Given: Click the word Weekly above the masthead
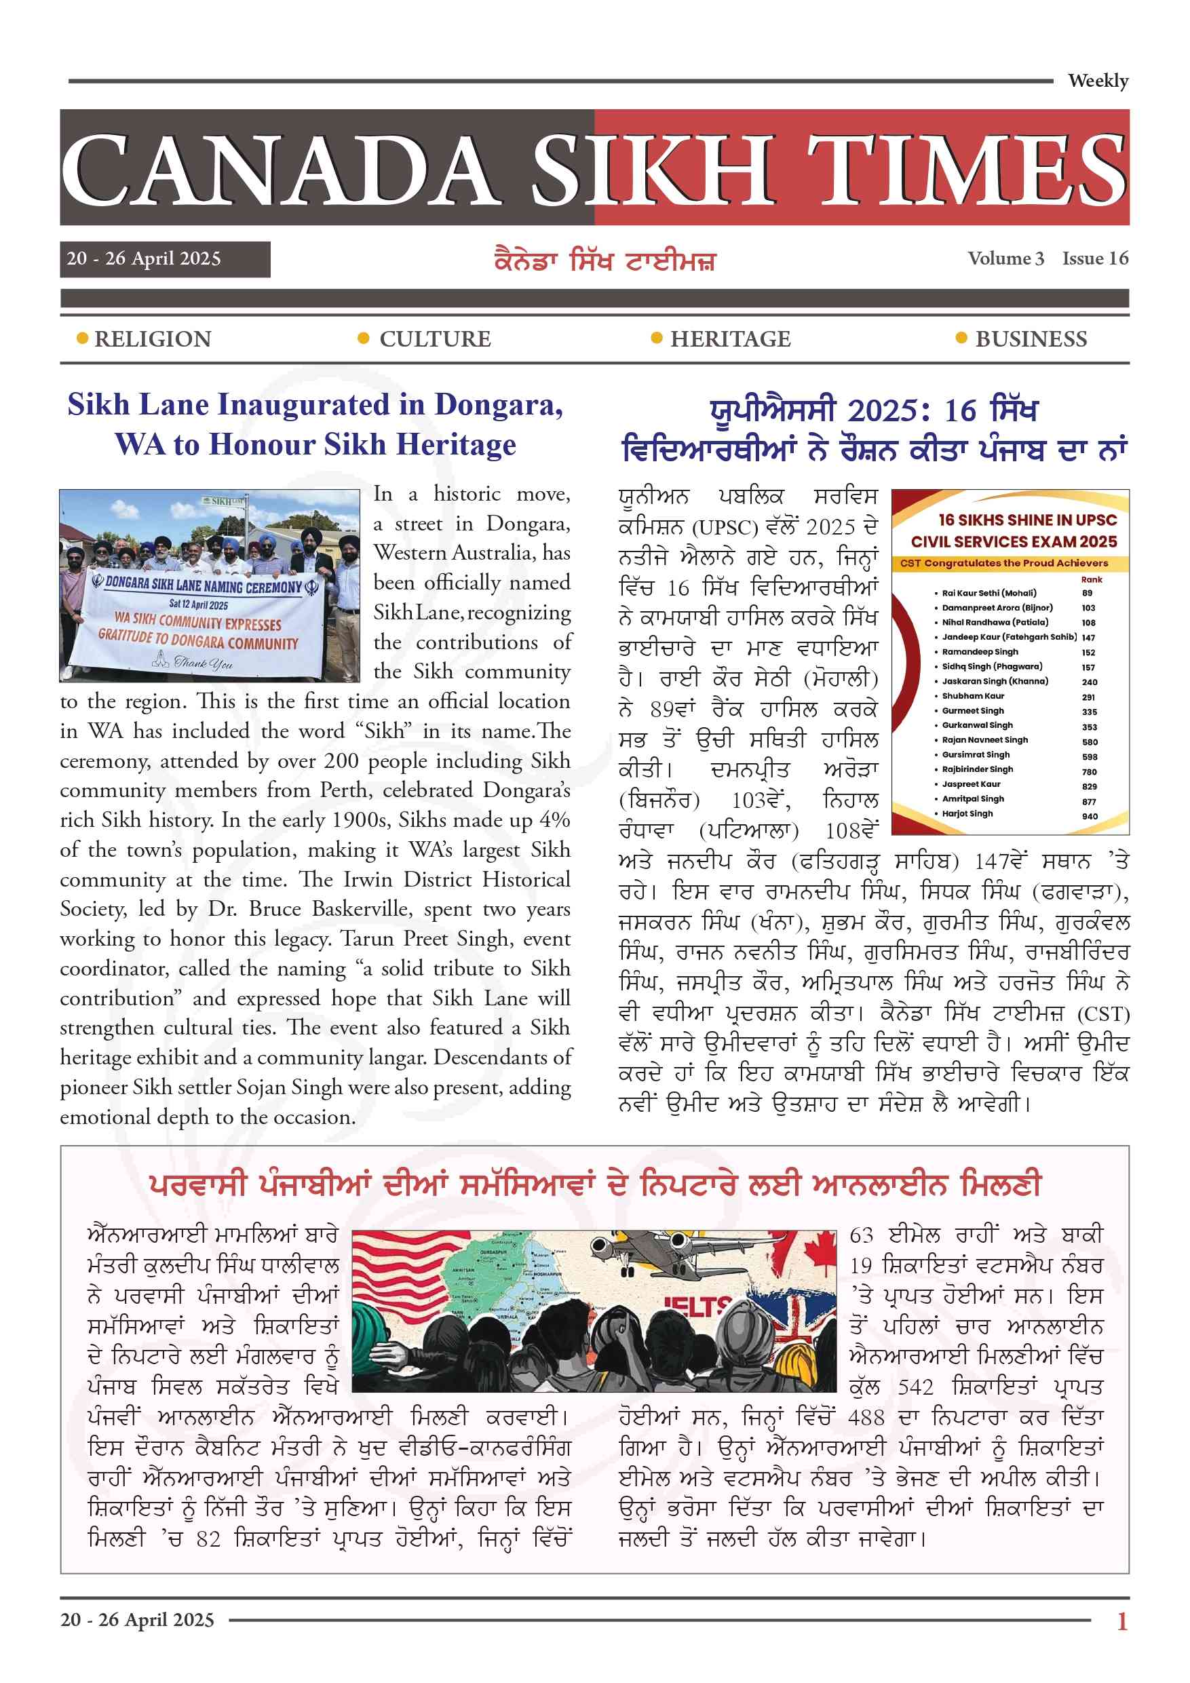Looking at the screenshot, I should click(1098, 81).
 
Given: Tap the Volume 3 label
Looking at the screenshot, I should click(1005, 258).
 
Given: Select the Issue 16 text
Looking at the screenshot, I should click(1096, 258).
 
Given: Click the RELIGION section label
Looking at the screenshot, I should click(153, 339).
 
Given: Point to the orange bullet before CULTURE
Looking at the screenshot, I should click(362, 338).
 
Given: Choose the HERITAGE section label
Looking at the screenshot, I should click(730, 339).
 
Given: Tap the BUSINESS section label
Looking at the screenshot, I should click(1031, 339).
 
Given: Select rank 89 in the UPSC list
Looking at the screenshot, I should click(1087, 593).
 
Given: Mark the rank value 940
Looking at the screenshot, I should click(1090, 816).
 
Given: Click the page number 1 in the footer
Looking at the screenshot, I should click(1121, 1621).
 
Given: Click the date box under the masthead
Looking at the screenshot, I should click(165, 258).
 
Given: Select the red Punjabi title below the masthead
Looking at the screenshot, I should click(605, 261).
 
